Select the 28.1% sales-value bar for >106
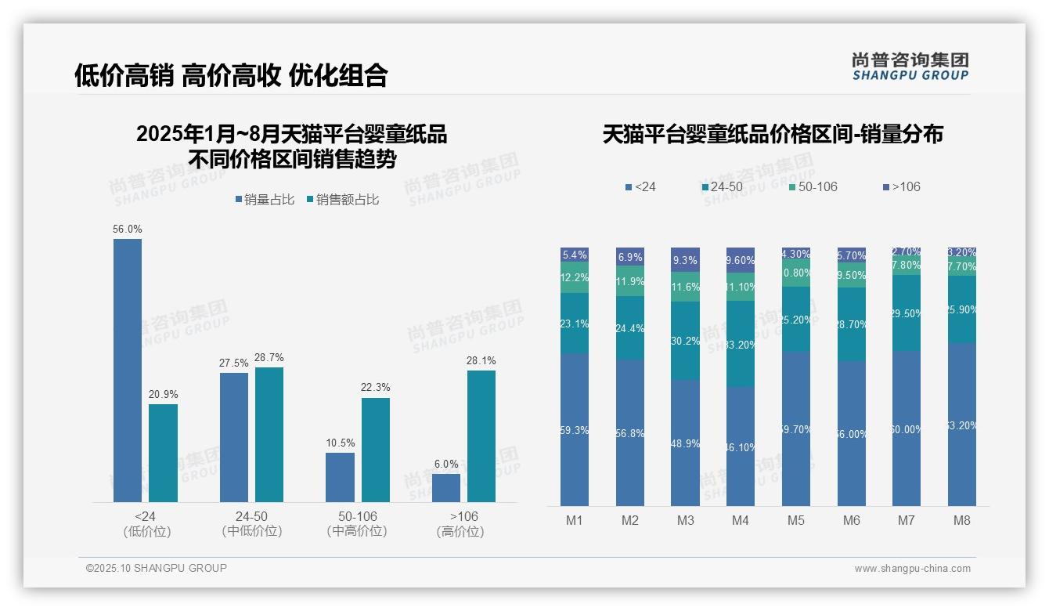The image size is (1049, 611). click(481, 436)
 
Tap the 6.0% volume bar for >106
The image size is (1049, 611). click(446, 487)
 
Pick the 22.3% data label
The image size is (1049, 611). click(376, 388)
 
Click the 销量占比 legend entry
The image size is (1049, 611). click(265, 200)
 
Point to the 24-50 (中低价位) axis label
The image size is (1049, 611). click(251, 524)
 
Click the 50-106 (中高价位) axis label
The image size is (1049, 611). click(358, 524)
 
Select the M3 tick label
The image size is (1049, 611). click(685, 520)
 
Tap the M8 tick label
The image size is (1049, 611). click(962, 520)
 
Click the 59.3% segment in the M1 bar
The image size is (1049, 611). click(575, 429)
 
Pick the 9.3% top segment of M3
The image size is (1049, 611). click(685, 261)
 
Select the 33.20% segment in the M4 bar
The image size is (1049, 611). click(741, 344)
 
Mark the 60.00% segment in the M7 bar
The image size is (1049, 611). click(907, 428)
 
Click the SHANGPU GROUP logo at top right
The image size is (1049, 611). click(910, 67)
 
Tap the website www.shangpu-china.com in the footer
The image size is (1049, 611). click(912, 569)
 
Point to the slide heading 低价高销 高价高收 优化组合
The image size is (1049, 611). click(231, 75)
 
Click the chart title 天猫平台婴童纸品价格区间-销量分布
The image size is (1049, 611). click(773, 134)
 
